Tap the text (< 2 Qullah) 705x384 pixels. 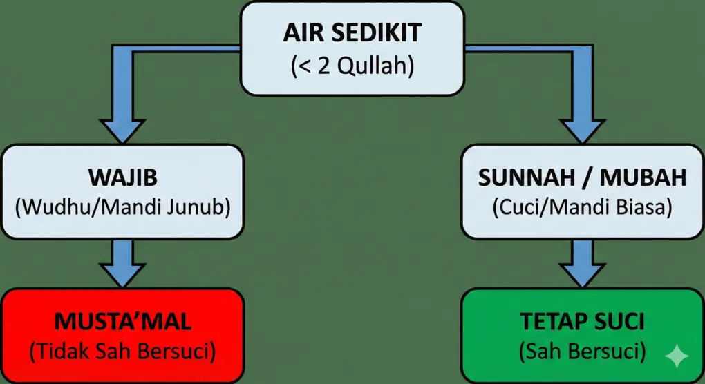click(351, 66)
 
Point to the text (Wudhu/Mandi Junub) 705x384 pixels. click(123, 207)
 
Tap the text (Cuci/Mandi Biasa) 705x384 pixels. click(582, 207)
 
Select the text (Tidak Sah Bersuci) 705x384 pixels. click(123, 352)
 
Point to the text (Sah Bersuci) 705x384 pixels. click(582, 352)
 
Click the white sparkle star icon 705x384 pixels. click(676, 355)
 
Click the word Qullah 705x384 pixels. click(379, 66)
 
